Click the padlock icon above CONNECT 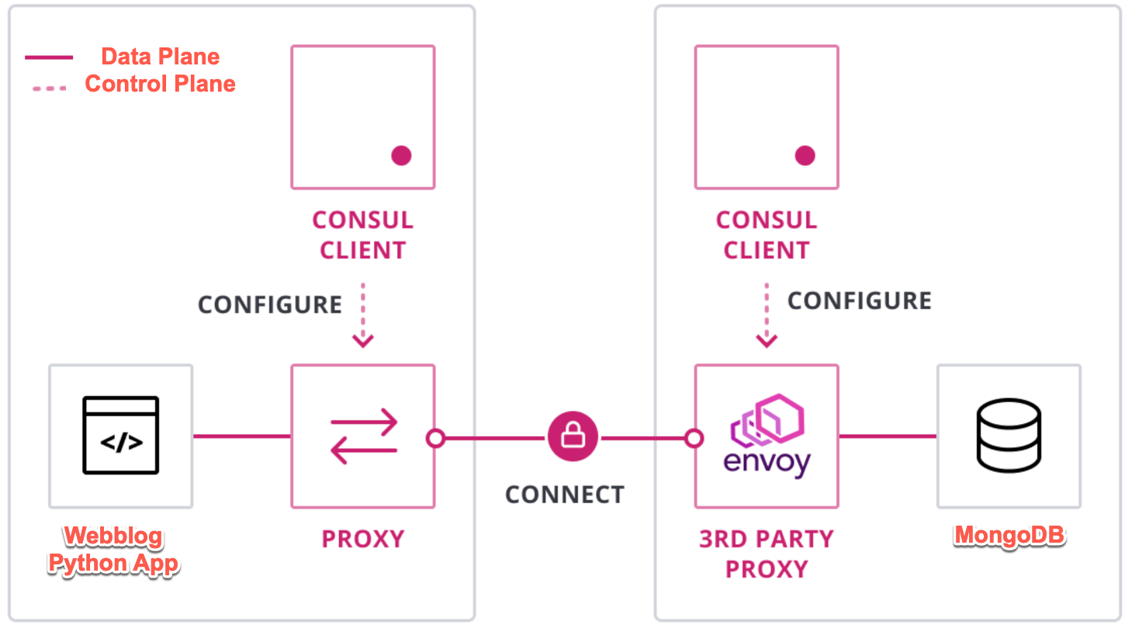[573, 437]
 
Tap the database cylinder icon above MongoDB [1008, 437]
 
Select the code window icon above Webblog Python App [121, 436]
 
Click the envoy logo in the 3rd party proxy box [767, 435]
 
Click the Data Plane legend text [160, 57]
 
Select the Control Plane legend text [160, 84]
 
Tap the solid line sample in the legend [49, 57]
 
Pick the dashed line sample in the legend [49, 88]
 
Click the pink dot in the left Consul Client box [401, 155]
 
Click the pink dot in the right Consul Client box [805, 155]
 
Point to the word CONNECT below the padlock [565, 495]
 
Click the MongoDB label [1009, 536]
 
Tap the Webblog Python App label [113, 550]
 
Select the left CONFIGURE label [270, 304]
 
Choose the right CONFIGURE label [860, 300]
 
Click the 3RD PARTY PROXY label [767, 554]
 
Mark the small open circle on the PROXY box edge [436, 439]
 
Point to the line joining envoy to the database [888, 436]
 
